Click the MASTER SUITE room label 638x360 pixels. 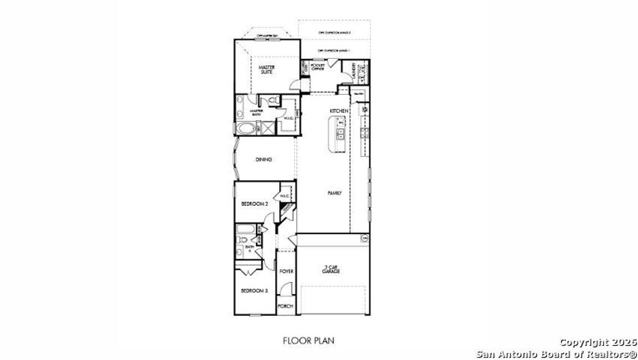(267, 69)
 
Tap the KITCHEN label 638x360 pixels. (338, 111)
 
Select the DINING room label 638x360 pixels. (264, 159)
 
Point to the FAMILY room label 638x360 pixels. (335, 193)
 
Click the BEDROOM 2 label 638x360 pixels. (254, 204)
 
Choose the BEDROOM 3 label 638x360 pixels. (254, 291)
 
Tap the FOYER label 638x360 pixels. (286, 272)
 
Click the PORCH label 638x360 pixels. (285, 306)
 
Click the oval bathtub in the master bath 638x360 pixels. (246, 129)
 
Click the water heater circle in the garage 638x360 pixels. (364, 237)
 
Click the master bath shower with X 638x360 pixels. (267, 128)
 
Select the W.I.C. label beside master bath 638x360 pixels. (288, 118)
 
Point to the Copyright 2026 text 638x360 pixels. (598, 342)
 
